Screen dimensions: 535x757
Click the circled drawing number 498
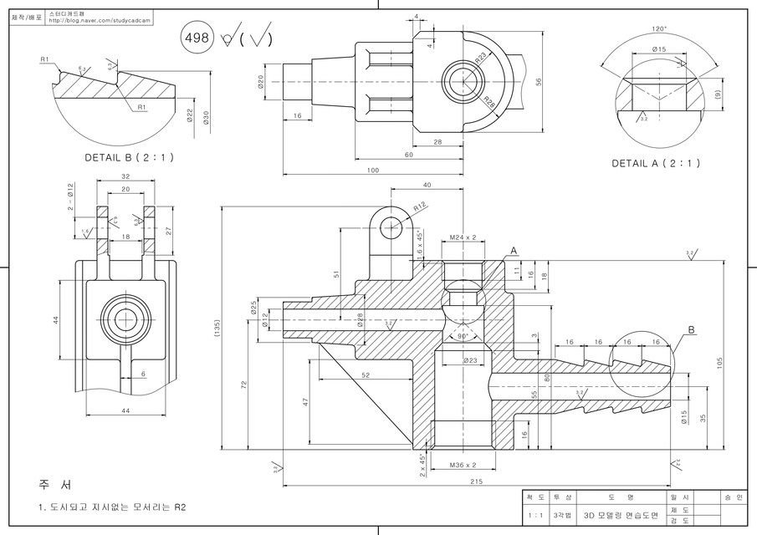point(197,38)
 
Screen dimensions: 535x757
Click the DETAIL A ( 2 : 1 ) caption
point(656,163)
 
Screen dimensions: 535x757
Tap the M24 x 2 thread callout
point(463,237)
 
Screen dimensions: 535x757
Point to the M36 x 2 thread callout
point(463,464)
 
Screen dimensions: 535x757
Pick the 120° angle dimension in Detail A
point(660,29)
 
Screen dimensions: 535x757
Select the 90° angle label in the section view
point(463,336)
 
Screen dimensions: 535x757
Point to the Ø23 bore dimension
point(469,360)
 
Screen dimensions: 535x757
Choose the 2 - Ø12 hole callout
point(71,197)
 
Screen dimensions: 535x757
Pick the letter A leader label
point(514,250)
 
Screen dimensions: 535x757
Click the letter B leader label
point(691,330)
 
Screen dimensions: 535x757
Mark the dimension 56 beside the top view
point(540,81)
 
